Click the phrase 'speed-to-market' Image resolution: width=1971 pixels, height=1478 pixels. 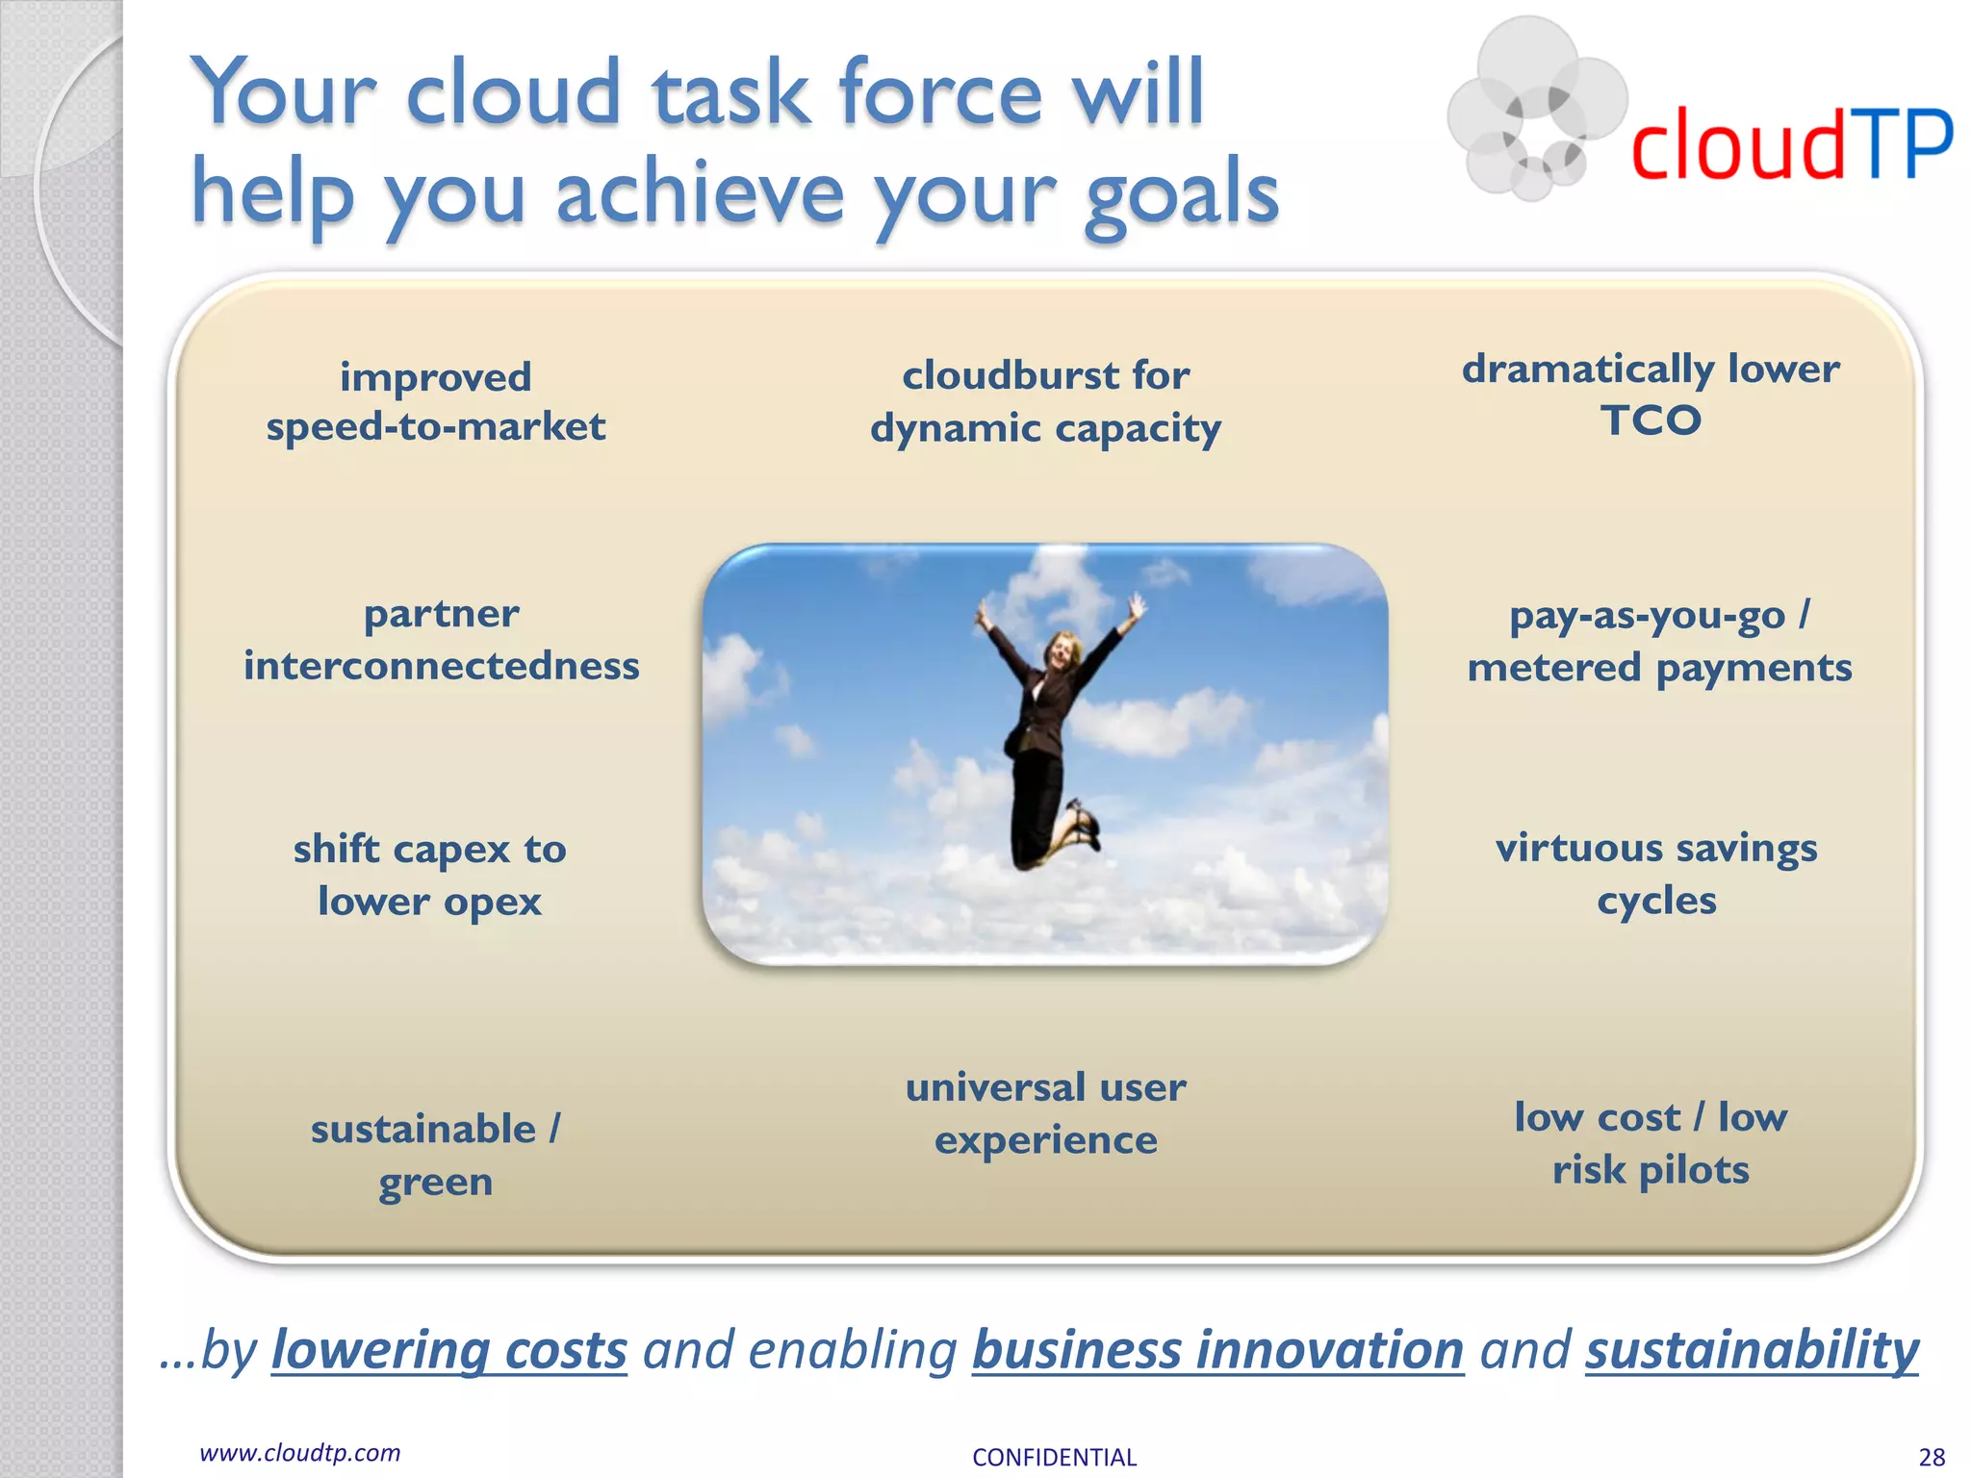click(x=436, y=426)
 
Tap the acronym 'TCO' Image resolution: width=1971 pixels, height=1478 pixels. click(x=1651, y=420)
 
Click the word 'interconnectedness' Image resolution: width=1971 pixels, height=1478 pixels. click(x=441, y=666)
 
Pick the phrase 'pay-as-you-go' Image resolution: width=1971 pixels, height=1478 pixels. click(x=1647, y=616)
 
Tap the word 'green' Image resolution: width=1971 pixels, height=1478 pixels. click(x=436, y=1183)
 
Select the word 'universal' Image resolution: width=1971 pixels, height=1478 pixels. click(x=995, y=1087)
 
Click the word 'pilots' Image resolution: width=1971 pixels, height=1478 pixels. click(x=1694, y=1171)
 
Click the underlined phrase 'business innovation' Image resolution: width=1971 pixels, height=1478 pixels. click(x=1217, y=1349)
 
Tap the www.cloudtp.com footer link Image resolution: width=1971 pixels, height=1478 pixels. click(x=299, y=1452)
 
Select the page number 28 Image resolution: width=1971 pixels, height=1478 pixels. click(x=1932, y=1457)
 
